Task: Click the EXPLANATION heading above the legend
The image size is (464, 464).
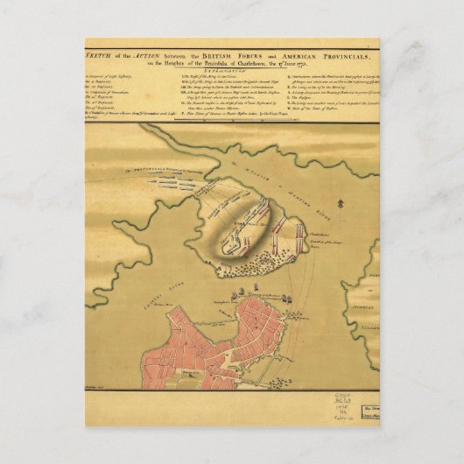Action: coord(232,69)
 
